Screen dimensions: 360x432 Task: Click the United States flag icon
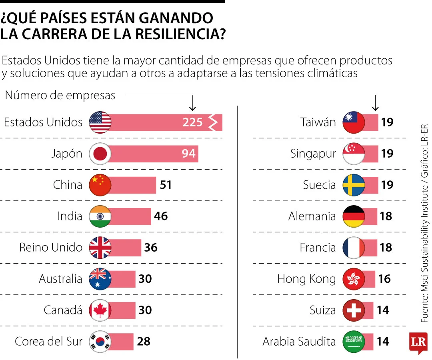point(100,122)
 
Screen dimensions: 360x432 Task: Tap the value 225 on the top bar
point(192,122)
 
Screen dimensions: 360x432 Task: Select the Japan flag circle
point(100,154)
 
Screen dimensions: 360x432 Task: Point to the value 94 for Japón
point(188,154)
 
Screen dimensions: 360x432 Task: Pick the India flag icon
point(100,216)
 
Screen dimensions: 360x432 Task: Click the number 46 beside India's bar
point(161,216)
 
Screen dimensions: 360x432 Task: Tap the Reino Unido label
point(50,248)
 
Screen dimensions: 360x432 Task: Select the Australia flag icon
point(100,279)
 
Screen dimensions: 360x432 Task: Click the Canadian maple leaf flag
point(100,310)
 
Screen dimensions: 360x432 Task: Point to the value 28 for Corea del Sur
point(144,342)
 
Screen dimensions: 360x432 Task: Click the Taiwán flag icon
point(354,122)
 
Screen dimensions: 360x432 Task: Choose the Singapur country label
point(313,154)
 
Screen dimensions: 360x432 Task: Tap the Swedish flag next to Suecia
point(354,185)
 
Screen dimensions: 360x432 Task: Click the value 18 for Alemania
point(386,216)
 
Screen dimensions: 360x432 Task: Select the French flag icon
point(354,248)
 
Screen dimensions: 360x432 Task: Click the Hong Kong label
point(306,279)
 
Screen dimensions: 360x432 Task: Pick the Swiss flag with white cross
point(354,310)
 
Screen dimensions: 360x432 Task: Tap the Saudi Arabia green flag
point(354,342)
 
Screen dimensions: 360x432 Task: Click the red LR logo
point(418,342)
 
